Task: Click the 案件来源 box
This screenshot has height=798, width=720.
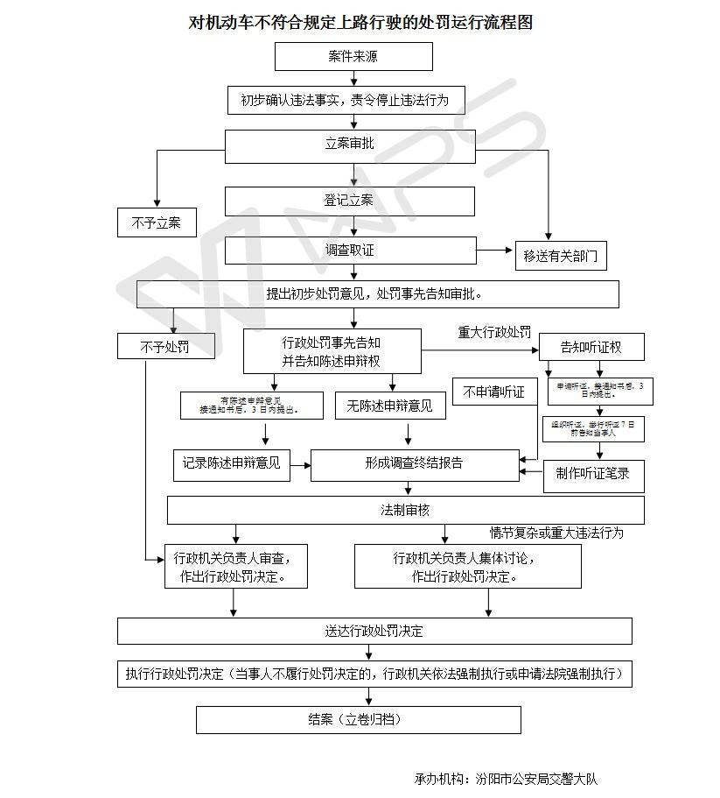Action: (x=353, y=57)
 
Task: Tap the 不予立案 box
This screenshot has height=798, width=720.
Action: (x=157, y=222)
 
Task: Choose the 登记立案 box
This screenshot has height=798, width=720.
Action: (x=350, y=201)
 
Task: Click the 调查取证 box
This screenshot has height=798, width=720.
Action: (x=350, y=251)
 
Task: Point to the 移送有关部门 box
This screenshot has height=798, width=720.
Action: (x=561, y=256)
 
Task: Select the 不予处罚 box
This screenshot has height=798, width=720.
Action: (x=165, y=347)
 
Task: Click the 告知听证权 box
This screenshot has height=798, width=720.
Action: (x=591, y=347)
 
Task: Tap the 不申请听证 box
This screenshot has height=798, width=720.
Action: (x=494, y=392)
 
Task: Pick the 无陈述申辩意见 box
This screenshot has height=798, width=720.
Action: (x=389, y=405)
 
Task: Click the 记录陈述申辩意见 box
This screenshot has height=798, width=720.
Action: (x=231, y=463)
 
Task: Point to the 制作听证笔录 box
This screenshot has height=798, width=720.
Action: (x=593, y=475)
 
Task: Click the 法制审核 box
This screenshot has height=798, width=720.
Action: (x=405, y=510)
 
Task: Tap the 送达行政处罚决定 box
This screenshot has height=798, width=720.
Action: (x=374, y=631)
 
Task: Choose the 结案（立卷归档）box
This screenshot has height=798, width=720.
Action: (x=358, y=719)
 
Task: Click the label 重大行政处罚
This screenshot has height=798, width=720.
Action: (x=494, y=333)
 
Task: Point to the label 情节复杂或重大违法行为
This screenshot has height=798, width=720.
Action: (x=556, y=533)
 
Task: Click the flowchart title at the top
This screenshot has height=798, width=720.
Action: (x=360, y=22)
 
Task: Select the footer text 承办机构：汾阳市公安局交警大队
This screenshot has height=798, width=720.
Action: (x=507, y=779)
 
